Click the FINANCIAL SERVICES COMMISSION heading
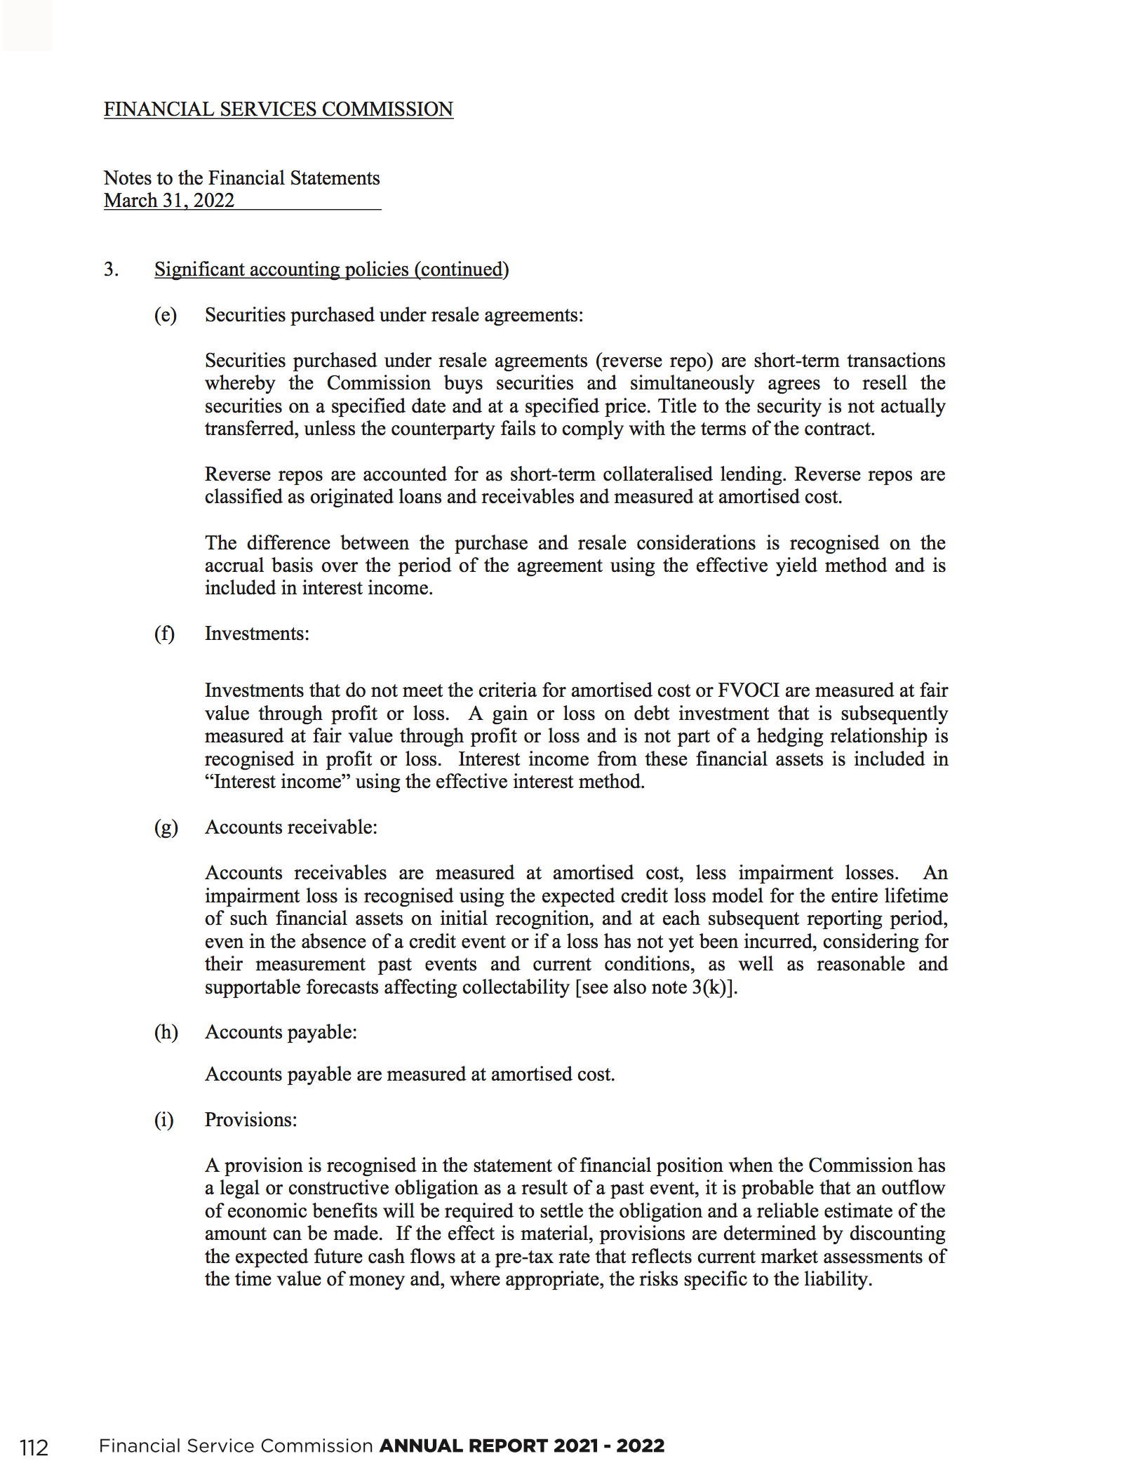(278, 109)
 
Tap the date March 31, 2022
(169, 201)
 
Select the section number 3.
(111, 269)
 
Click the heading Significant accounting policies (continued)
(331, 269)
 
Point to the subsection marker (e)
(166, 315)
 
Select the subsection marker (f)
(164, 634)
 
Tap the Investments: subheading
(257, 634)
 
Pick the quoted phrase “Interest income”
(277, 782)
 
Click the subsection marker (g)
(166, 827)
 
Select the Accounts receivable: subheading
(290, 827)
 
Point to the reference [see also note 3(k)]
(656, 987)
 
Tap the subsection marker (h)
(166, 1032)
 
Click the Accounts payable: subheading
(281, 1032)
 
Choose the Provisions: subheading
(250, 1120)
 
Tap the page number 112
(34, 1448)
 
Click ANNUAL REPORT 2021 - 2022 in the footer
(521, 1446)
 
